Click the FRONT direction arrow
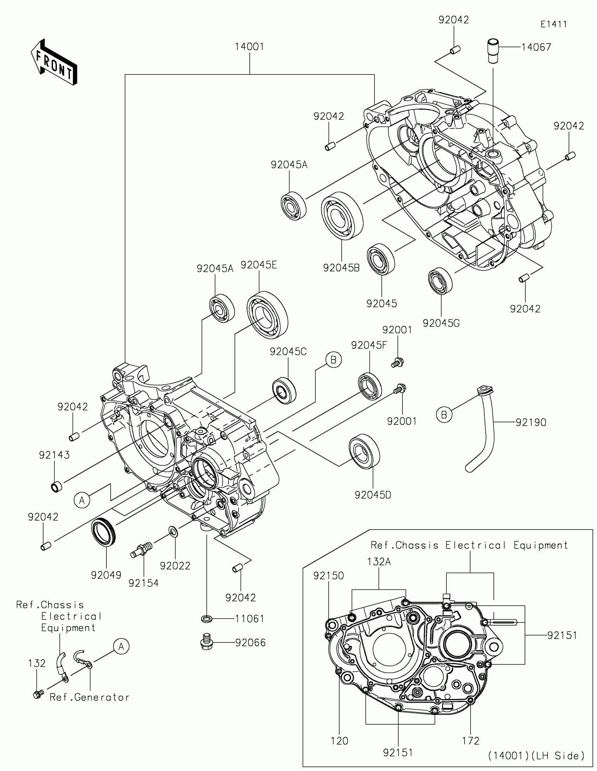click(x=54, y=62)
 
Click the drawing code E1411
click(x=553, y=24)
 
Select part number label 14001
click(x=250, y=47)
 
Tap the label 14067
click(x=536, y=47)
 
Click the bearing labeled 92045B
click(x=342, y=216)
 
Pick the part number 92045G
click(x=441, y=323)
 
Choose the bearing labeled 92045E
click(x=267, y=315)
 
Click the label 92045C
click(x=288, y=351)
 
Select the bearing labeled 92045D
click(x=364, y=451)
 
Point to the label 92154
click(x=143, y=583)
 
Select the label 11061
click(x=250, y=619)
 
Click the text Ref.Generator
click(x=90, y=697)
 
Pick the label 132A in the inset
click(x=379, y=562)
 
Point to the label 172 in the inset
click(x=471, y=741)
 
